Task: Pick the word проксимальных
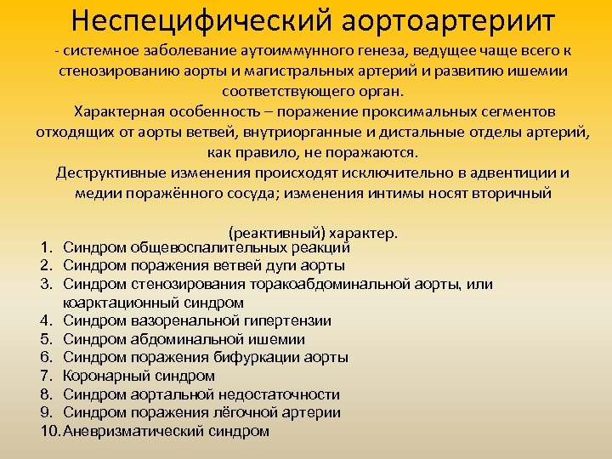pos(411,113)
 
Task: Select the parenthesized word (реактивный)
pos(273,232)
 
